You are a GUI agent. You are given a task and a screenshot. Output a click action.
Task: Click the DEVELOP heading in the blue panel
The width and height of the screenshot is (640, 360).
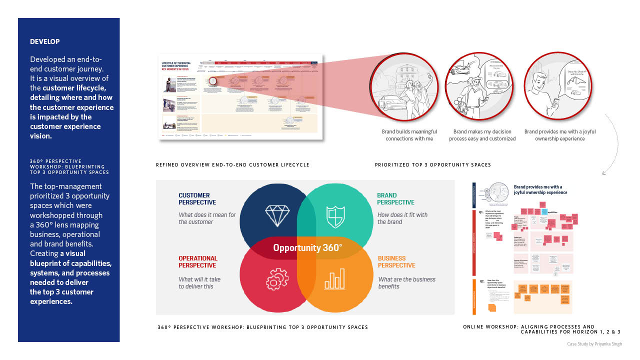[45, 41]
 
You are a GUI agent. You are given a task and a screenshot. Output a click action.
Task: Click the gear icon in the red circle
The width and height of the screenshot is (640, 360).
[277, 279]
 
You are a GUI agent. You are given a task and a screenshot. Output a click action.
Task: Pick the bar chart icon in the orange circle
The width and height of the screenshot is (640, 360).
[334, 278]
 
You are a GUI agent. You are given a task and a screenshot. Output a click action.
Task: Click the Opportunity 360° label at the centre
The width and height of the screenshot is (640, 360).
[307, 247]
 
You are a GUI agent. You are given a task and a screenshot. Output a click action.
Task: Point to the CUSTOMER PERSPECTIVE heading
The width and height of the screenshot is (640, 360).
[197, 199]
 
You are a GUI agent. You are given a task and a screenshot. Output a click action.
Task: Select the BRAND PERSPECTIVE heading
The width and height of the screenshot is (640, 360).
[395, 199]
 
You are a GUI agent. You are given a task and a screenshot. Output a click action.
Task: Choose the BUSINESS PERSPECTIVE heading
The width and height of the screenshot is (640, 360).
[396, 262]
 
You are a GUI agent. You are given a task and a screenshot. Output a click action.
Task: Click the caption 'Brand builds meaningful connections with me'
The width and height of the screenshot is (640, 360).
[409, 135]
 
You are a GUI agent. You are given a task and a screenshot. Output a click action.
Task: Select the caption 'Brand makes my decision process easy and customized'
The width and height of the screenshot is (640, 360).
[482, 135]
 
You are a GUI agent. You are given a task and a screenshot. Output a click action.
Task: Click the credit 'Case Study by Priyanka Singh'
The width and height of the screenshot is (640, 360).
[594, 344]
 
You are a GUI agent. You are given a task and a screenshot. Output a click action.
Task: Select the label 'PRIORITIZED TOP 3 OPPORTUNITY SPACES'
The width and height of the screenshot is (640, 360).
[433, 165]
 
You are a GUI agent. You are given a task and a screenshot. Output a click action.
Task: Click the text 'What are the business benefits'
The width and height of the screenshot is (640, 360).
[406, 283]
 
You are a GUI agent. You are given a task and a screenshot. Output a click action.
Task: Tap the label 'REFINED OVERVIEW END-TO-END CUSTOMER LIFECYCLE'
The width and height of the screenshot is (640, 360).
[232, 165]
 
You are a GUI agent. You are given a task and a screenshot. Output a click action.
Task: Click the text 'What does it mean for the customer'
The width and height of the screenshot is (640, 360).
[207, 218]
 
